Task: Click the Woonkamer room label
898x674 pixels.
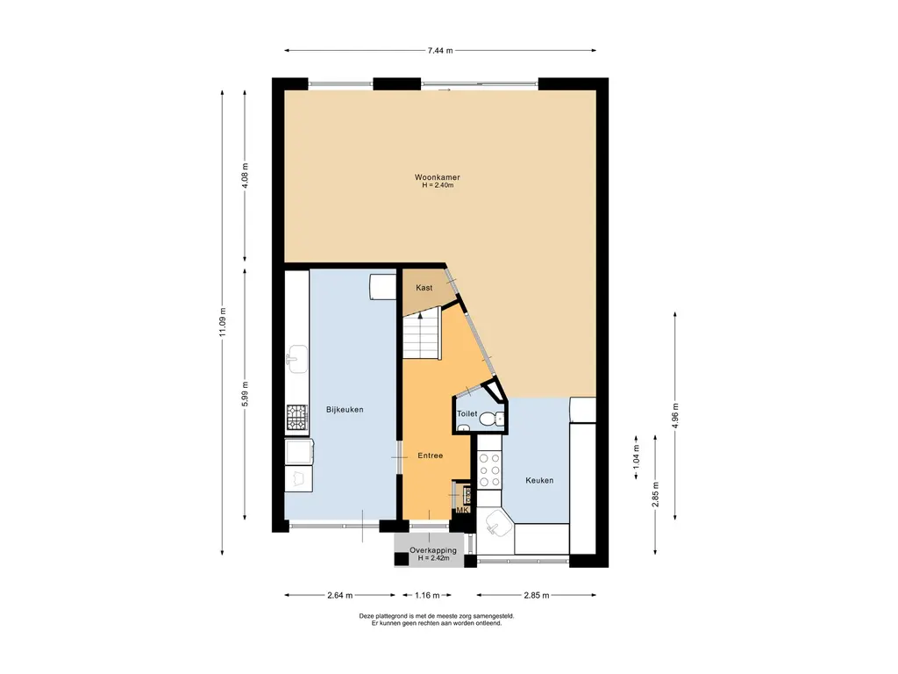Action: point(437,177)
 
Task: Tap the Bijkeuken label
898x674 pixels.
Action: point(345,409)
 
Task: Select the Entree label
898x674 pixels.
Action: point(430,455)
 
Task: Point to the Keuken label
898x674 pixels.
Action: point(539,480)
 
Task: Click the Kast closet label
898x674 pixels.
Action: point(424,288)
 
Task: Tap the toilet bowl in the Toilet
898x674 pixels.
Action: point(490,419)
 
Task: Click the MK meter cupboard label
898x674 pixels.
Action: point(462,510)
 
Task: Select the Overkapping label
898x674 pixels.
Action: point(433,550)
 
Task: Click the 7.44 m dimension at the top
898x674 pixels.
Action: point(440,50)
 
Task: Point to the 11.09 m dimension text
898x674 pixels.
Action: point(223,322)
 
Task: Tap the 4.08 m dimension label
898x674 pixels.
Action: point(246,176)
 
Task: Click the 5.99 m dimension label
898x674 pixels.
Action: point(246,394)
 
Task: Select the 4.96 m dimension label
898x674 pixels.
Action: point(675,415)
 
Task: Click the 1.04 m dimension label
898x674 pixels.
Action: point(637,457)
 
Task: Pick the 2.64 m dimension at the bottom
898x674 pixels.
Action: point(339,595)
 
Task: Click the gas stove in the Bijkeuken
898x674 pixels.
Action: point(297,417)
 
